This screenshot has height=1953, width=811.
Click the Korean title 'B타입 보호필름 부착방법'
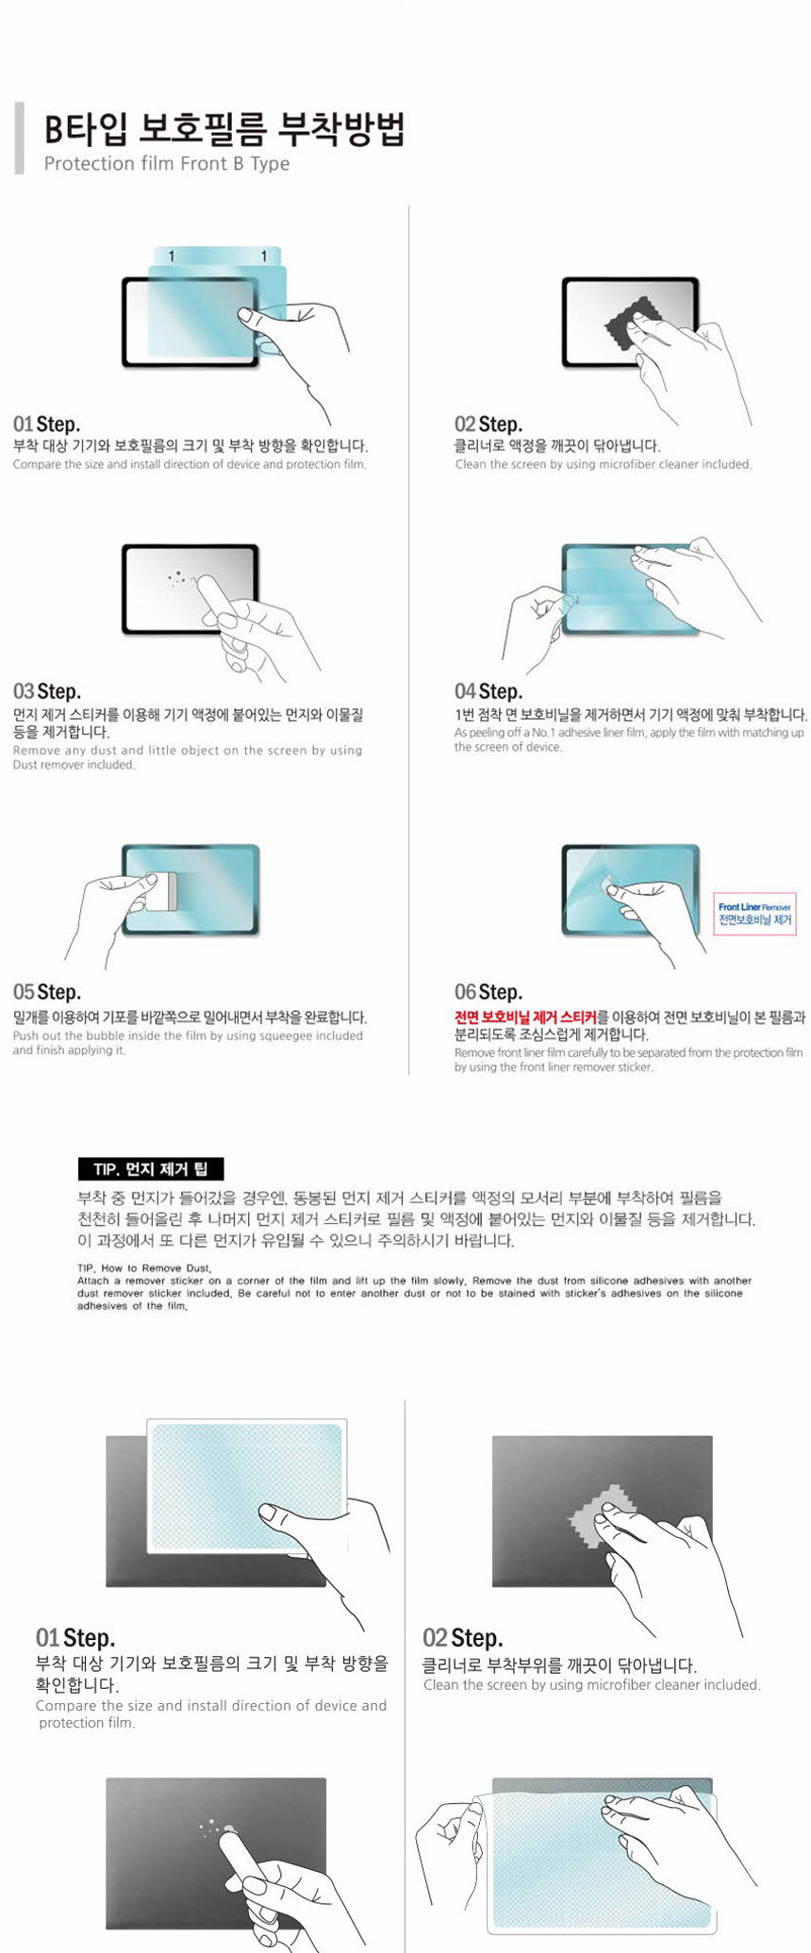tap(224, 129)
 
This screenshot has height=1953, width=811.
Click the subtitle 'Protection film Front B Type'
tap(167, 164)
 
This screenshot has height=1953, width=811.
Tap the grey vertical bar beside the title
tap(19, 139)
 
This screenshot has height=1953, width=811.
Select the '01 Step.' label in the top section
tap(46, 424)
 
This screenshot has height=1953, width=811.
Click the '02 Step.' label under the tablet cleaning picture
tap(488, 424)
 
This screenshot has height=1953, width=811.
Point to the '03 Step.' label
tap(46, 691)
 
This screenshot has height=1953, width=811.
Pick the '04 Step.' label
tap(488, 691)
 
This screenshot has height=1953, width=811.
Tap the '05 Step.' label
tap(46, 992)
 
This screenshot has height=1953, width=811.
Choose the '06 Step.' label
tap(488, 992)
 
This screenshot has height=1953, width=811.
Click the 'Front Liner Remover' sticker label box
tap(754, 913)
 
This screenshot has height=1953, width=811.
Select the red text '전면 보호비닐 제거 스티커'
tap(525, 1018)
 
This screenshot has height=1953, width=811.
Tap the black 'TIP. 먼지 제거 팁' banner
tap(150, 1169)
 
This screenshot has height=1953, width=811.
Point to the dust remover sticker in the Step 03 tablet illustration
tap(216, 604)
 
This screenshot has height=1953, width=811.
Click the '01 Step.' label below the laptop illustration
tap(75, 1638)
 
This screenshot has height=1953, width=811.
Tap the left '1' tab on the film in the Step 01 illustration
tap(171, 257)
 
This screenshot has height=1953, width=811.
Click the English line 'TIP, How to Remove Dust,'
tap(144, 1268)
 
